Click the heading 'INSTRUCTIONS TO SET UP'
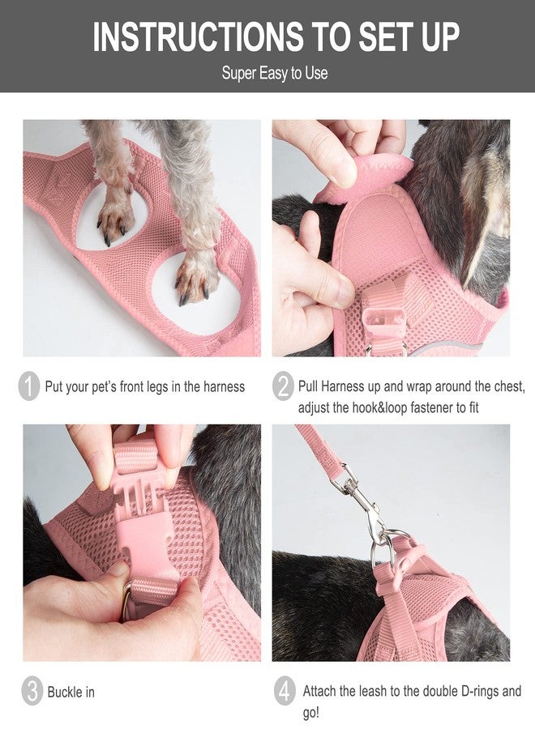point(276,36)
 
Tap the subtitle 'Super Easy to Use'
point(275,73)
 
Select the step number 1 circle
point(28,386)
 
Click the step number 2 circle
point(283,386)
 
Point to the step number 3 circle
point(30,692)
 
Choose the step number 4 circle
point(284,692)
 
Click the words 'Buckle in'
point(71,692)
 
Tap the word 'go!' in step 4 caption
point(312,713)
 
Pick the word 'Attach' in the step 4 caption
point(321,691)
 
